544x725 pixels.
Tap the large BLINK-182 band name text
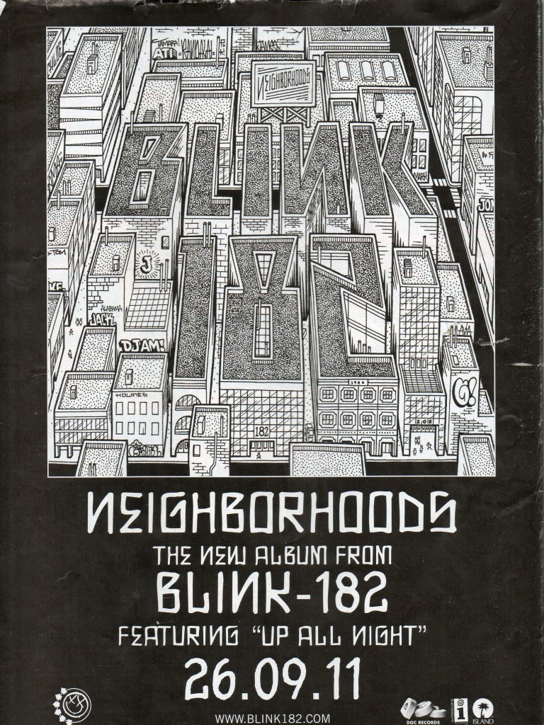(272, 593)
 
